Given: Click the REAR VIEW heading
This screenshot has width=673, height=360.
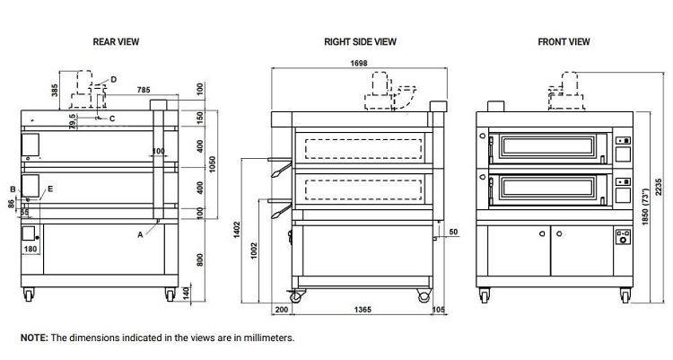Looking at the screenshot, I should click(116, 41).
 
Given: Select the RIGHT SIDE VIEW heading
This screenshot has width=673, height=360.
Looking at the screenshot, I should click(361, 41).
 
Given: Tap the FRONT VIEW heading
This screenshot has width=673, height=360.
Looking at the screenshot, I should click(564, 41).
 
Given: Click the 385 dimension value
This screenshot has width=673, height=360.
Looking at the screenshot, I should click(55, 92).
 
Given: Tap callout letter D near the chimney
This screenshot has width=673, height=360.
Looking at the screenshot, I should click(113, 79).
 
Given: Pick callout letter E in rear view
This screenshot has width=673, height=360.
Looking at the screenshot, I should click(50, 189).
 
